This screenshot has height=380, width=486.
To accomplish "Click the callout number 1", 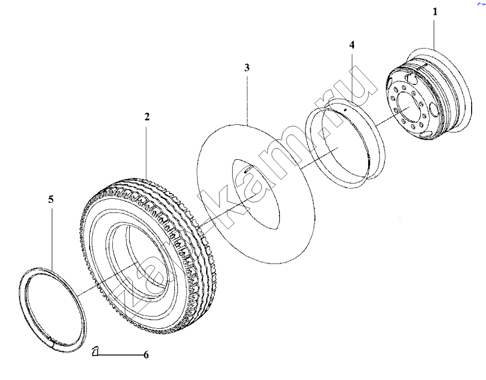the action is [x=435, y=12].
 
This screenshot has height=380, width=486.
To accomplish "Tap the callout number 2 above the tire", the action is [x=147, y=117].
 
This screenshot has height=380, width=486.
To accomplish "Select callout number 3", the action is [x=247, y=68].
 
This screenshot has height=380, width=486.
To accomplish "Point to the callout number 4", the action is [x=352, y=45].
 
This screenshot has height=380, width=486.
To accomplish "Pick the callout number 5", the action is [x=51, y=199].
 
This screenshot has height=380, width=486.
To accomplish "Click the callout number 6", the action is [x=146, y=354].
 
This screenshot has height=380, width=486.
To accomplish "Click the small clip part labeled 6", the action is [x=95, y=352].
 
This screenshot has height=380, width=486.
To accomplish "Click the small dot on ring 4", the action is [x=346, y=110].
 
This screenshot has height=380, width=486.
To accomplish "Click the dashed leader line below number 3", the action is [x=247, y=100].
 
